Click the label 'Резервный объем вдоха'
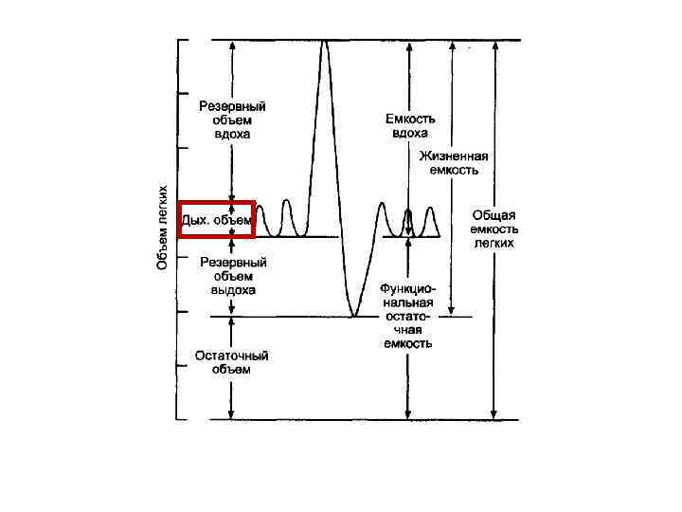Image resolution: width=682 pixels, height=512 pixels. tap(232, 120)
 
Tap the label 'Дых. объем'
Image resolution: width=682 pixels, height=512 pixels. tap(218, 220)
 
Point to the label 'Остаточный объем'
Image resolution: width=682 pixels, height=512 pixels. tap(232, 362)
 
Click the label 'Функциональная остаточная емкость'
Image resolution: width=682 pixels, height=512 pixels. tap(408, 315)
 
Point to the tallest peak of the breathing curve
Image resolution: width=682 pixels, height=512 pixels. tap(326, 42)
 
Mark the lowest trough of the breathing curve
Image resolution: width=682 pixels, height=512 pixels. tap(352, 314)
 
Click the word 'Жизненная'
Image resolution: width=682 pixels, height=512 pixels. tap(456, 157)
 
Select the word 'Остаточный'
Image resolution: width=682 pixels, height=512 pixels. tap(232, 356)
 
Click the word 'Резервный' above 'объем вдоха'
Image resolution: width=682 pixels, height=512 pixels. tap(232, 107)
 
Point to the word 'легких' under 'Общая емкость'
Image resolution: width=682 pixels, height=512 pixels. tap(494, 243)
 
